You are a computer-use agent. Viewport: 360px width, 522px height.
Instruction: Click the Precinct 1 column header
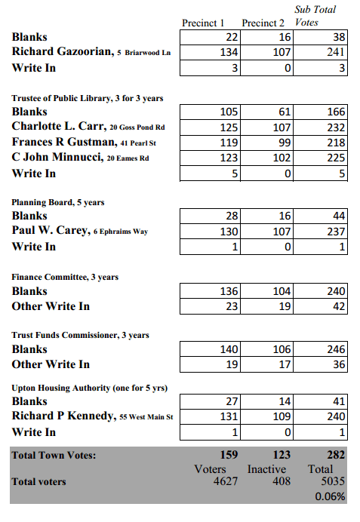tap(204, 23)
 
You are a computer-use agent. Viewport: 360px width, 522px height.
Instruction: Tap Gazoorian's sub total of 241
tap(335, 52)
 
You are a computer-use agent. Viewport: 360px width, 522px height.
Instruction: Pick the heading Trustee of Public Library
tap(87, 98)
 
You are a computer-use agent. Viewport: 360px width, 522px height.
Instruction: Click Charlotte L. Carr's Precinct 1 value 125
tap(229, 127)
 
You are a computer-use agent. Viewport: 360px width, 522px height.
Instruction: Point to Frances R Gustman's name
tap(61, 143)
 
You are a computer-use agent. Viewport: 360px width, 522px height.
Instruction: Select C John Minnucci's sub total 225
tap(335, 158)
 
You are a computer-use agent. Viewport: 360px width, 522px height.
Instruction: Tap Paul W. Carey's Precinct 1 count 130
tap(229, 232)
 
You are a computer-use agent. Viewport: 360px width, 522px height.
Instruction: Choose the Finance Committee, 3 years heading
tap(65, 277)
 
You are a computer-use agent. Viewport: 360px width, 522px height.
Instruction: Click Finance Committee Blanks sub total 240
tap(335, 291)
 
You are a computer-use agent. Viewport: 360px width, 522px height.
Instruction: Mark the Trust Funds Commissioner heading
tap(80, 335)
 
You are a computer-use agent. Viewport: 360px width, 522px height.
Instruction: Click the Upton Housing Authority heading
tap(89, 388)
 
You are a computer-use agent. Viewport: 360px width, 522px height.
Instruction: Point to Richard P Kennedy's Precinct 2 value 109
tap(282, 416)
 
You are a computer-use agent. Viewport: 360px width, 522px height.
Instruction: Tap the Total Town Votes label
tap(54, 455)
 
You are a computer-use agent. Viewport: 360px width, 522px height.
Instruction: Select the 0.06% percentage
tap(331, 496)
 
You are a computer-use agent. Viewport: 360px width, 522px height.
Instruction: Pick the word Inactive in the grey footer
tap(267, 469)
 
